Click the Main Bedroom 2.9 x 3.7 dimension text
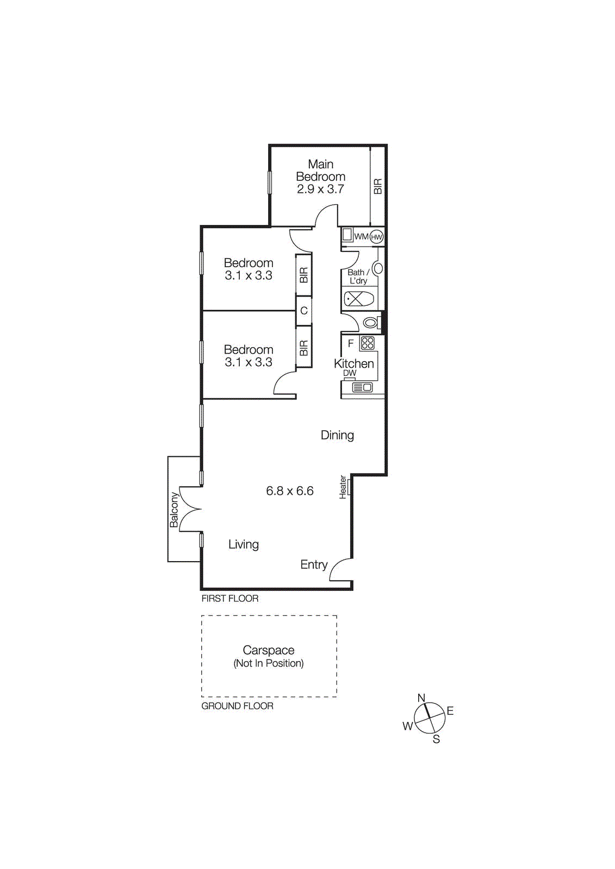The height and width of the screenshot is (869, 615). [x=320, y=190]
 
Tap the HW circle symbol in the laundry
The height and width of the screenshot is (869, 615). [x=376, y=237]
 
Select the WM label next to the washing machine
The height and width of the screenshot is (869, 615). [x=361, y=237]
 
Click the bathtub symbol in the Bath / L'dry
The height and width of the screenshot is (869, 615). [x=359, y=299]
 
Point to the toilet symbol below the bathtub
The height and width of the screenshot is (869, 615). [x=370, y=323]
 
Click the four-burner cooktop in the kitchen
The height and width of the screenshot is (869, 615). [x=368, y=343]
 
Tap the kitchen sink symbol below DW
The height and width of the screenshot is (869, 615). [x=362, y=387]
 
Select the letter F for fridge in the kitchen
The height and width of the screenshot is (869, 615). [x=351, y=343]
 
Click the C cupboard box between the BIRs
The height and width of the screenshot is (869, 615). [x=304, y=311]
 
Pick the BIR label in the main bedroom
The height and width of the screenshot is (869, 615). [x=378, y=186]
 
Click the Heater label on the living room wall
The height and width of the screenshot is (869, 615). [x=343, y=487]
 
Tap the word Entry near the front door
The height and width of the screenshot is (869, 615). [x=314, y=565]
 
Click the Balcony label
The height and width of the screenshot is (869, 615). [x=174, y=509]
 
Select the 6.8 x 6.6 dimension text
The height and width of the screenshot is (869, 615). [x=290, y=491]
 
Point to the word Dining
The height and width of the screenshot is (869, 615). [x=337, y=435]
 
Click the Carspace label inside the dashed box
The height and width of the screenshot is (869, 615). [x=269, y=650]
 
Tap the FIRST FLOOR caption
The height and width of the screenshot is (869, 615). [x=230, y=599]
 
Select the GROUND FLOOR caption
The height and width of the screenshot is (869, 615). [x=237, y=706]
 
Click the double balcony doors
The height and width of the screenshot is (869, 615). [x=190, y=509]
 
